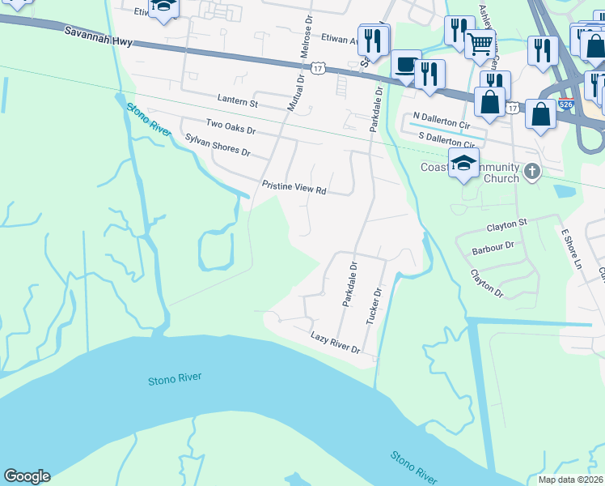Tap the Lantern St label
click(x=237, y=103)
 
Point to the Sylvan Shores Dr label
click(x=218, y=146)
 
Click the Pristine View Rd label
click(x=294, y=188)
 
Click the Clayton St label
click(x=506, y=223)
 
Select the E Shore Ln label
click(x=572, y=248)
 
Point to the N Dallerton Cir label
click(x=441, y=117)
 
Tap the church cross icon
click(x=531, y=171)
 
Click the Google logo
click(x=27, y=476)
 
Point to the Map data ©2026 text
click(x=570, y=480)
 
